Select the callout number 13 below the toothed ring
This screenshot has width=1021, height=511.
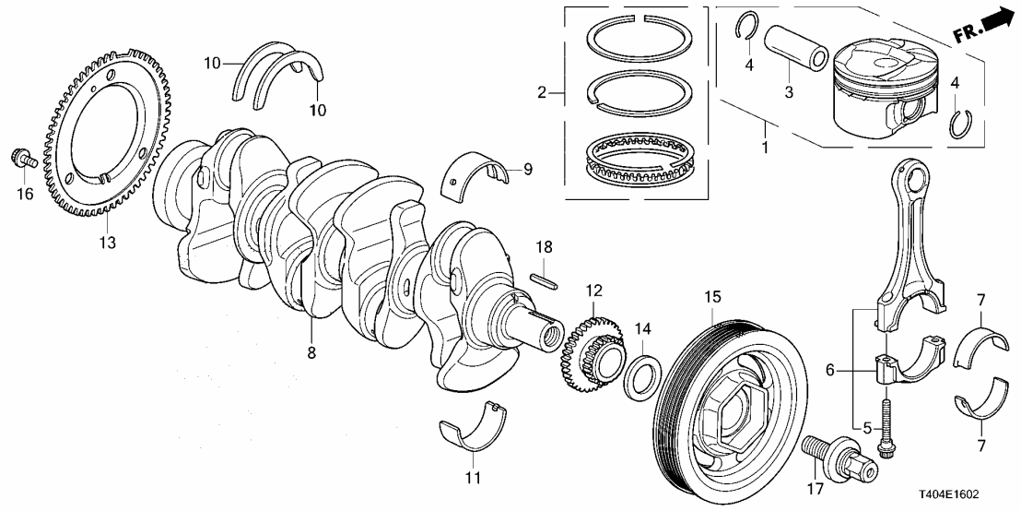[107, 243]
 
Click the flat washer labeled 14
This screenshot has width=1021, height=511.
[642, 377]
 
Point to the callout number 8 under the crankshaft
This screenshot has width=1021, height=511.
[311, 352]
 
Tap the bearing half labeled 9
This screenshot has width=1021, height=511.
[477, 174]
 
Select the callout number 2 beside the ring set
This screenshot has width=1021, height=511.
[543, 91]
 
